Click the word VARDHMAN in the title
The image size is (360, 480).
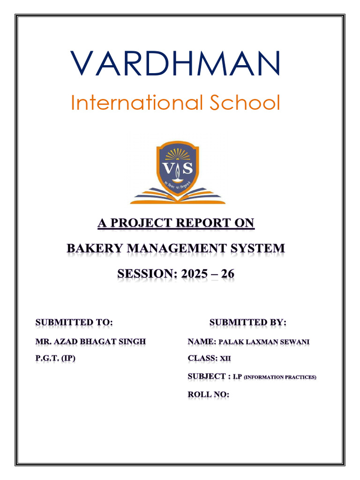tap(176, 64)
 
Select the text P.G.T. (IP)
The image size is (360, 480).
tap(56, 359)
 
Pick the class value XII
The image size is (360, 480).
tap(226, 359)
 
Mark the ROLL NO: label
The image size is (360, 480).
tap(209, 394)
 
